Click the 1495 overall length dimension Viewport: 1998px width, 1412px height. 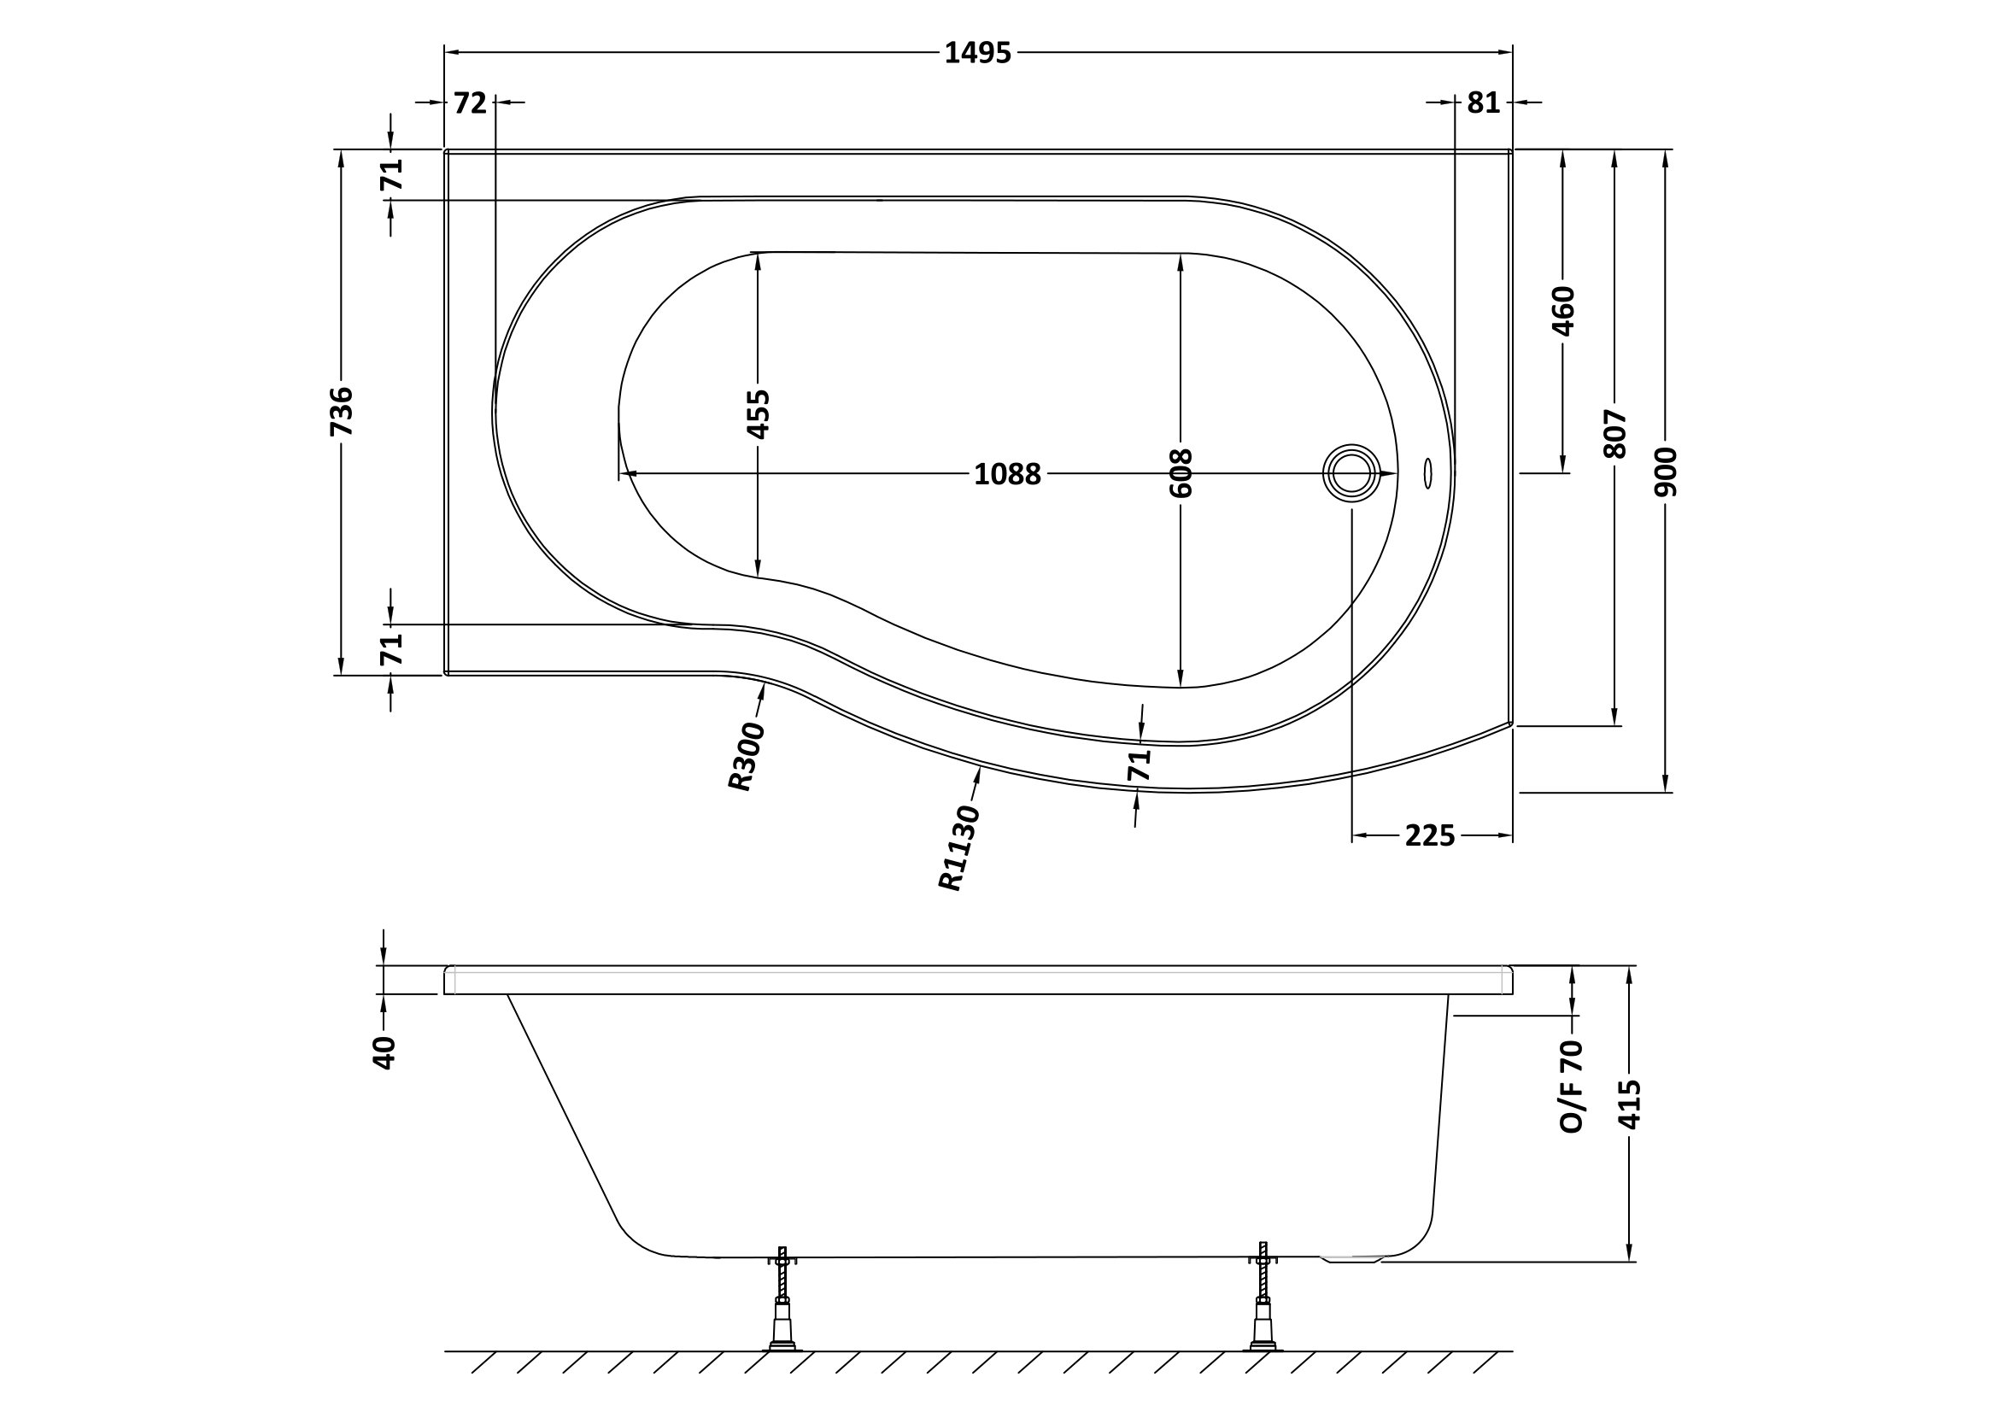tap(978, 54)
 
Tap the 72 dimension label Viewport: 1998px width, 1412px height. tap(470, 103)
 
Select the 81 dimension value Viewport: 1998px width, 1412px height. tap(1484, 103)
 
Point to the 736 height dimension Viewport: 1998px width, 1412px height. tap(343, 412)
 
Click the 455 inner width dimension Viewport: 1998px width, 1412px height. tap(758, 414)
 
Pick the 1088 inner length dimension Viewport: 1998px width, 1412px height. tap(1007, 475)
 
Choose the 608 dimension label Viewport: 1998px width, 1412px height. tap(1181, 473)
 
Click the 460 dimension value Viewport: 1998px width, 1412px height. tap(1564, 311)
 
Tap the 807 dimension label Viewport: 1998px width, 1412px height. tap(1615, 434)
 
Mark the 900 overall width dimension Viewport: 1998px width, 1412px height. tap(1666, 472)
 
